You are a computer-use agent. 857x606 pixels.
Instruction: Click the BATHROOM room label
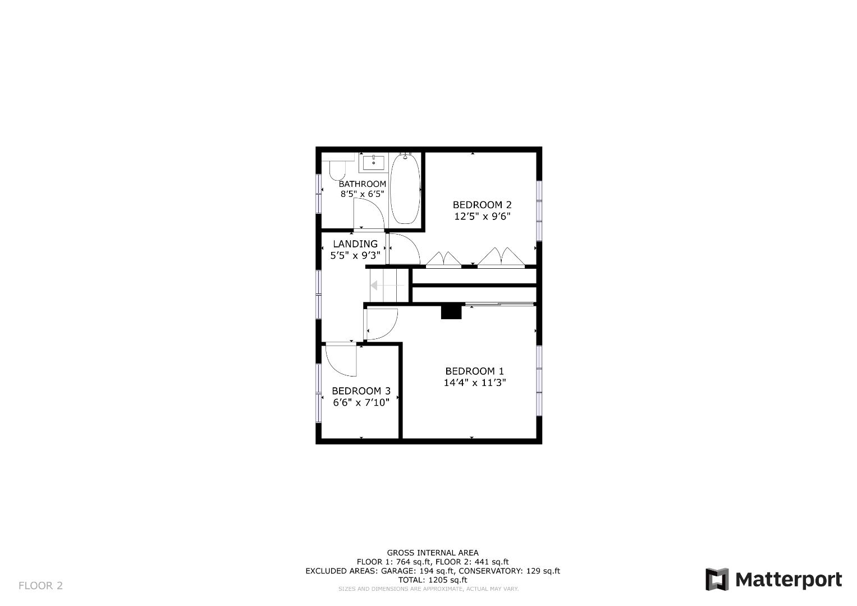[x=362, y=184]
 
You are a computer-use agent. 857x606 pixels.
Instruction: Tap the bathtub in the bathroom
[x=404, y=190]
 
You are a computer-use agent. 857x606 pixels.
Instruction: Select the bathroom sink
[x=373, y=163]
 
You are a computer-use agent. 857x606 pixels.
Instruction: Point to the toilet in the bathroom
[x=338, y=168]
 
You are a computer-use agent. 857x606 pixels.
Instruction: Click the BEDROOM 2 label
[x=482, y=205]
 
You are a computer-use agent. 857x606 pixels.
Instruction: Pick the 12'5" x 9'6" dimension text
[x=482, y=217]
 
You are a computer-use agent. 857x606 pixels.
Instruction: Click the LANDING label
[x=355, y=244]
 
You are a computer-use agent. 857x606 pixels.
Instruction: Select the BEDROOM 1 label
[x=474, y=371]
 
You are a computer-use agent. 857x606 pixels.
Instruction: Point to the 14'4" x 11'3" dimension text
[x=474, y=383]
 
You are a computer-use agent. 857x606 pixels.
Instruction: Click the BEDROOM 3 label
[x=361, y=391]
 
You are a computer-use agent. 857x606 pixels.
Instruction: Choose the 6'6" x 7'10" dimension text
[x=361, y=402]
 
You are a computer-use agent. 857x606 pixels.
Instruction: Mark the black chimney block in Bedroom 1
[x=451, y=311]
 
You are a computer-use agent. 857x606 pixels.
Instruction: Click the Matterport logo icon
[x=717, y=579]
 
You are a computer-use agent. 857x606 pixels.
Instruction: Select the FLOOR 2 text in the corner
[x=40, y=586]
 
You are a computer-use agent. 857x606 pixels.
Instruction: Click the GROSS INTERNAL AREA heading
[x=432, y=553]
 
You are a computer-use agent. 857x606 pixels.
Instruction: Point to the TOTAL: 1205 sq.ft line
[x=432, y=580]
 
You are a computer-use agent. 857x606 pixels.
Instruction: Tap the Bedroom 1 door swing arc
[x=382, y=325]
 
